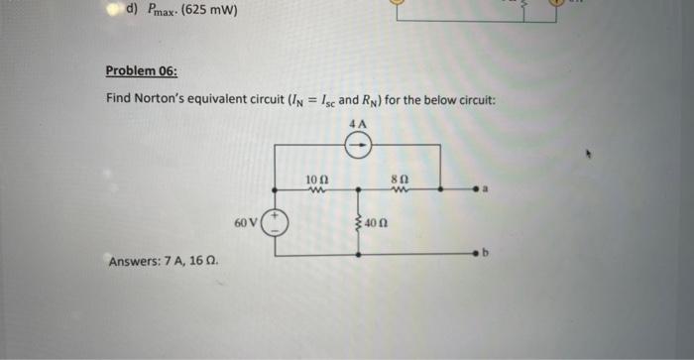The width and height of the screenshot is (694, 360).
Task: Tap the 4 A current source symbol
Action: (358, 146)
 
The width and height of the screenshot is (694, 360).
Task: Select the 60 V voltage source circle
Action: (276, 222)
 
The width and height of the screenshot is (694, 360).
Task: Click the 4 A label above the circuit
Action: (358, 124)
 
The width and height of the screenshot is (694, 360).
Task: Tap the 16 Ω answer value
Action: (205, 262)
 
